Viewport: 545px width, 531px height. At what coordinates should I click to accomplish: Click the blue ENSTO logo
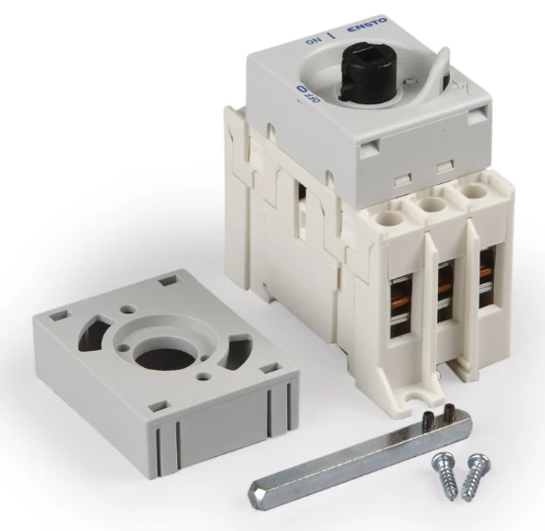pyautogui.click(x=367, y=26)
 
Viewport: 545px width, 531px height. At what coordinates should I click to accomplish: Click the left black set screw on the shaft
pyautogui.click(x=427, y=417)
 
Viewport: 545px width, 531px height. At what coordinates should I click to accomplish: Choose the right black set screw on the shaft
pyautogui.click(x=450, y=410)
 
